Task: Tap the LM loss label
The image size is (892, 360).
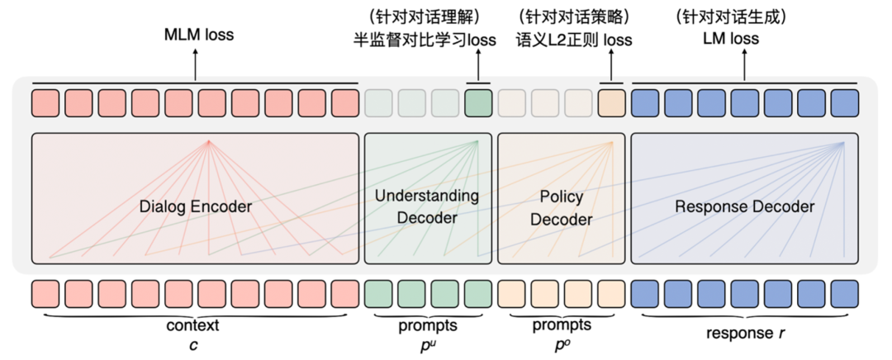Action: tap(744, 39)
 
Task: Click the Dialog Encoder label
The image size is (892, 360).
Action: tap(195, 206)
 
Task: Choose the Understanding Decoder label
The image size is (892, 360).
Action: tap(427, 206)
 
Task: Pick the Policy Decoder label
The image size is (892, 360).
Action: tap(561, 208)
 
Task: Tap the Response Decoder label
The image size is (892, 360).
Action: tap(744, 206)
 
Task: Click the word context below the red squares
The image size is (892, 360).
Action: tap(196, 325)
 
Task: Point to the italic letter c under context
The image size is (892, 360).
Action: tap(196, 343)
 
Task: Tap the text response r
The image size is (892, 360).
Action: tap(744, 334)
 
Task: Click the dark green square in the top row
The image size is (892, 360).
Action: tap(478, 103)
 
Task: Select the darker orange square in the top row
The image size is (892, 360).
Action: tap(611, 103)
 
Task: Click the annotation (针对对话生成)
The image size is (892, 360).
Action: tap(743, 16)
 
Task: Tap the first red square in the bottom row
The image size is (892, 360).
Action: tap(45, 294)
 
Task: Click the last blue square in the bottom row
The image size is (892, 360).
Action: tap(845, 294)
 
